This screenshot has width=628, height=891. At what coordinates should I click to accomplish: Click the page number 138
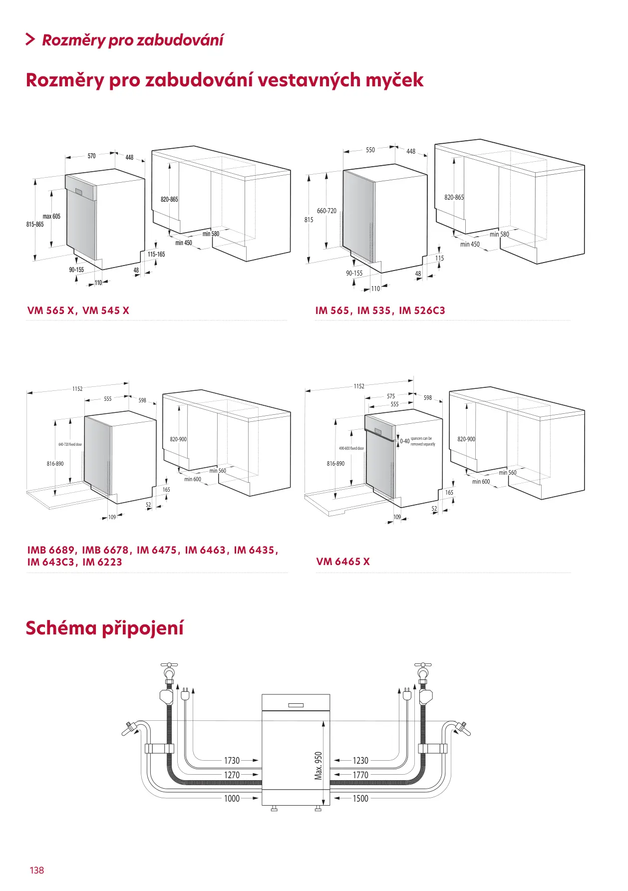pyautogui.click(x=37, y=870)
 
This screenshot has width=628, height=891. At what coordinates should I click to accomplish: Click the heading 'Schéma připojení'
pyautogui.click(x=105, y=628)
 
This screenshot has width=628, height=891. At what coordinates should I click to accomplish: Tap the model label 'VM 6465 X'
pyautogui.click(x=343, y=562)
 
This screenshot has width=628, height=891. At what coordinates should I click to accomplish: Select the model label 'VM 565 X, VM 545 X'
pyautogui.click(x=78, y=310)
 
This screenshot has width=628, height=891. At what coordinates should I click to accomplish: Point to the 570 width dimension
pyautogui.click(x=91, y=156)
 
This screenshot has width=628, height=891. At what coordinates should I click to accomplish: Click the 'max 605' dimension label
pyautogui.click(x=51, y=216)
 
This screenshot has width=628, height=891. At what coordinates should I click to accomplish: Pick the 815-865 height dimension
pyautogui.click(x=35, y=225)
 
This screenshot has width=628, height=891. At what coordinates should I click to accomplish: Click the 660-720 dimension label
pyautogui.click(x=326, y=211)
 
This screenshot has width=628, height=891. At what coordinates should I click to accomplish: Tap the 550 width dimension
pyautogui.click(x=370, y=150)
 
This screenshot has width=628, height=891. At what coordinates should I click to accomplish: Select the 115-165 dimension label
pyautogui.click(x=156, y=254)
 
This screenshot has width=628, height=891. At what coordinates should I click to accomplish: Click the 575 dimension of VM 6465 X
pyautogui.click(x=391, y=396)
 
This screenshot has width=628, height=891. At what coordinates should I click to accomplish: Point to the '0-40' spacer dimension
pyautogui.click(x=404, y=441)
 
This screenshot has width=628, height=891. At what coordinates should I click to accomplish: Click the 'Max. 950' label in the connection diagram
pyautogui.click(x=318, y=765)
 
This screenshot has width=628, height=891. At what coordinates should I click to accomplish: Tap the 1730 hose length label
pyautogui.click(x=232, y=760)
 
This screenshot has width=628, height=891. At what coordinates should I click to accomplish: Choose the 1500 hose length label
pyautogui.click(x=360, y=798)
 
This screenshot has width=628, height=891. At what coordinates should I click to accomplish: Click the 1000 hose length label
pyautogui.click(x=232, y=798)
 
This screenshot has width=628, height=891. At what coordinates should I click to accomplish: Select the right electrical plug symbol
pyautogui.click(x=407, y=694)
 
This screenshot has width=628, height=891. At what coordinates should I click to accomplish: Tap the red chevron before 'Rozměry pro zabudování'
pyautogui.click(x=30, y=39)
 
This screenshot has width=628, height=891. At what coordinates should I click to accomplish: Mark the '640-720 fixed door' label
pyautogui.click(x=70, y=444)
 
